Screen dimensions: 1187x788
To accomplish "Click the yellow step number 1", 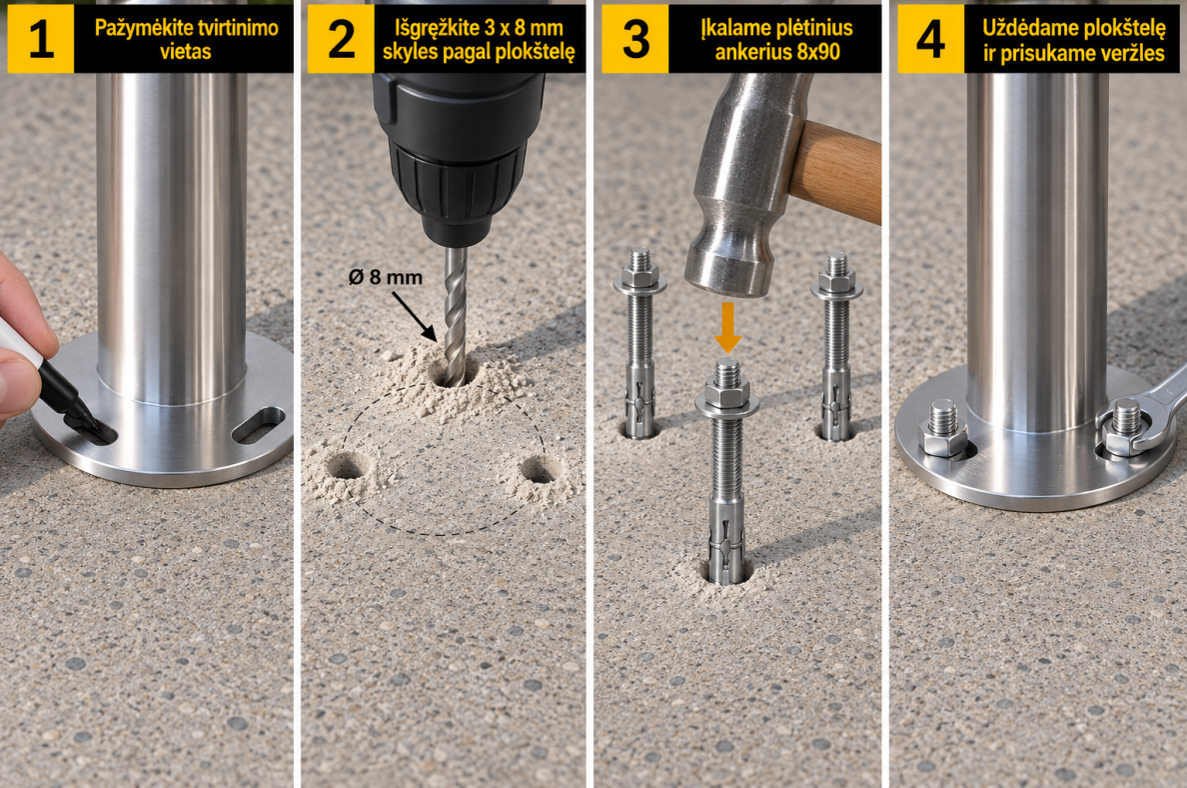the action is pos(41,39).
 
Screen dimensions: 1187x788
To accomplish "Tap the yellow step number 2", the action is pos(341,39).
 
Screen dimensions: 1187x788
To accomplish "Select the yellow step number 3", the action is pos(635,39).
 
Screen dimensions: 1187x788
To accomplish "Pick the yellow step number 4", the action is pos(930,39).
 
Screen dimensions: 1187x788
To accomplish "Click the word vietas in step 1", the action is pos(185,52).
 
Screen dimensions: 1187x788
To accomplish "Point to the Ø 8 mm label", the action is pos(386,277).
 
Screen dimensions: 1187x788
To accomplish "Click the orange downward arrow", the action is pos(727,327).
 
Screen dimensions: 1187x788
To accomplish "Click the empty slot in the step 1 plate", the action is pos(258,425).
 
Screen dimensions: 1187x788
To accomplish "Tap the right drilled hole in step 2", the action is pos(540,469).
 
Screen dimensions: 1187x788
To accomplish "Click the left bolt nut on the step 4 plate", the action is pos(942,438).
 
